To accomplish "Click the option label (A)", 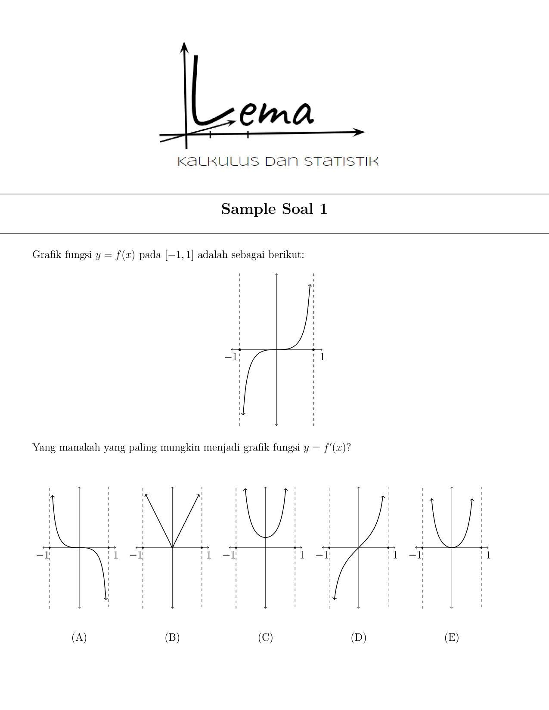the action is click(x=79, y=637).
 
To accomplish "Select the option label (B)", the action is click(x=172, y=637).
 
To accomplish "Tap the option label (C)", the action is click(x=265, y=637).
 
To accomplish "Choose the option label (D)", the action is click(x=358, y=637).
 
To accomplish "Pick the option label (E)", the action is click(x=452, y=637).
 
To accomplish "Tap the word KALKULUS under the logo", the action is click(x=218, y=161).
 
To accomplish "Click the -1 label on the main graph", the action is click(x=231, y=357).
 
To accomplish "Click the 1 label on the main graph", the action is click(x=322, y=357).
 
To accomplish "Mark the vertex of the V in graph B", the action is click(x=172, y=547).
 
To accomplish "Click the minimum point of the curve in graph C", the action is click(x=266, y=537).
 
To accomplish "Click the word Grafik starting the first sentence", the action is click(x=47, y=255).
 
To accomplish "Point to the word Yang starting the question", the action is click(x=44, y=448).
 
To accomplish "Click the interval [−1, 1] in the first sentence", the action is click(x=179, y=255).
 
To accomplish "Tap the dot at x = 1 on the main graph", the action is click(x=313, y=349).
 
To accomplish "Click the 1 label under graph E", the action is click(x=488, y=555).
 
